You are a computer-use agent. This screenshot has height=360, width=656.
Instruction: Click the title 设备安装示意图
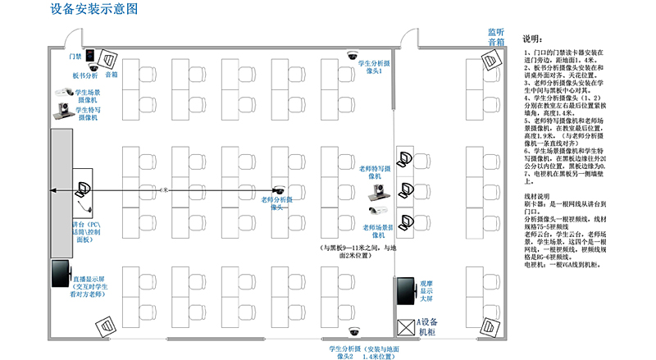pyautogui.click(x=93, y=10)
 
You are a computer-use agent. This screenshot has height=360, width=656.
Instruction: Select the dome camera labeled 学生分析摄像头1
pyautogui.click(x=353, y=57)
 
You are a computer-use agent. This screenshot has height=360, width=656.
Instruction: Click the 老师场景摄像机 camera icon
pyautogui.click(x=377, y=211)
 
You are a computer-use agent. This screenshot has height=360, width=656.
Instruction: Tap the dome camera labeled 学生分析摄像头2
pyautogui.click(x=353, y=331)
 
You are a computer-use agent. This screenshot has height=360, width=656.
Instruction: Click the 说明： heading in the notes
pyautogui.click(x=532, y=39)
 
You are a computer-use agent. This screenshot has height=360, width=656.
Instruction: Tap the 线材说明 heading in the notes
pyautogui.click(x=538, y=196)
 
